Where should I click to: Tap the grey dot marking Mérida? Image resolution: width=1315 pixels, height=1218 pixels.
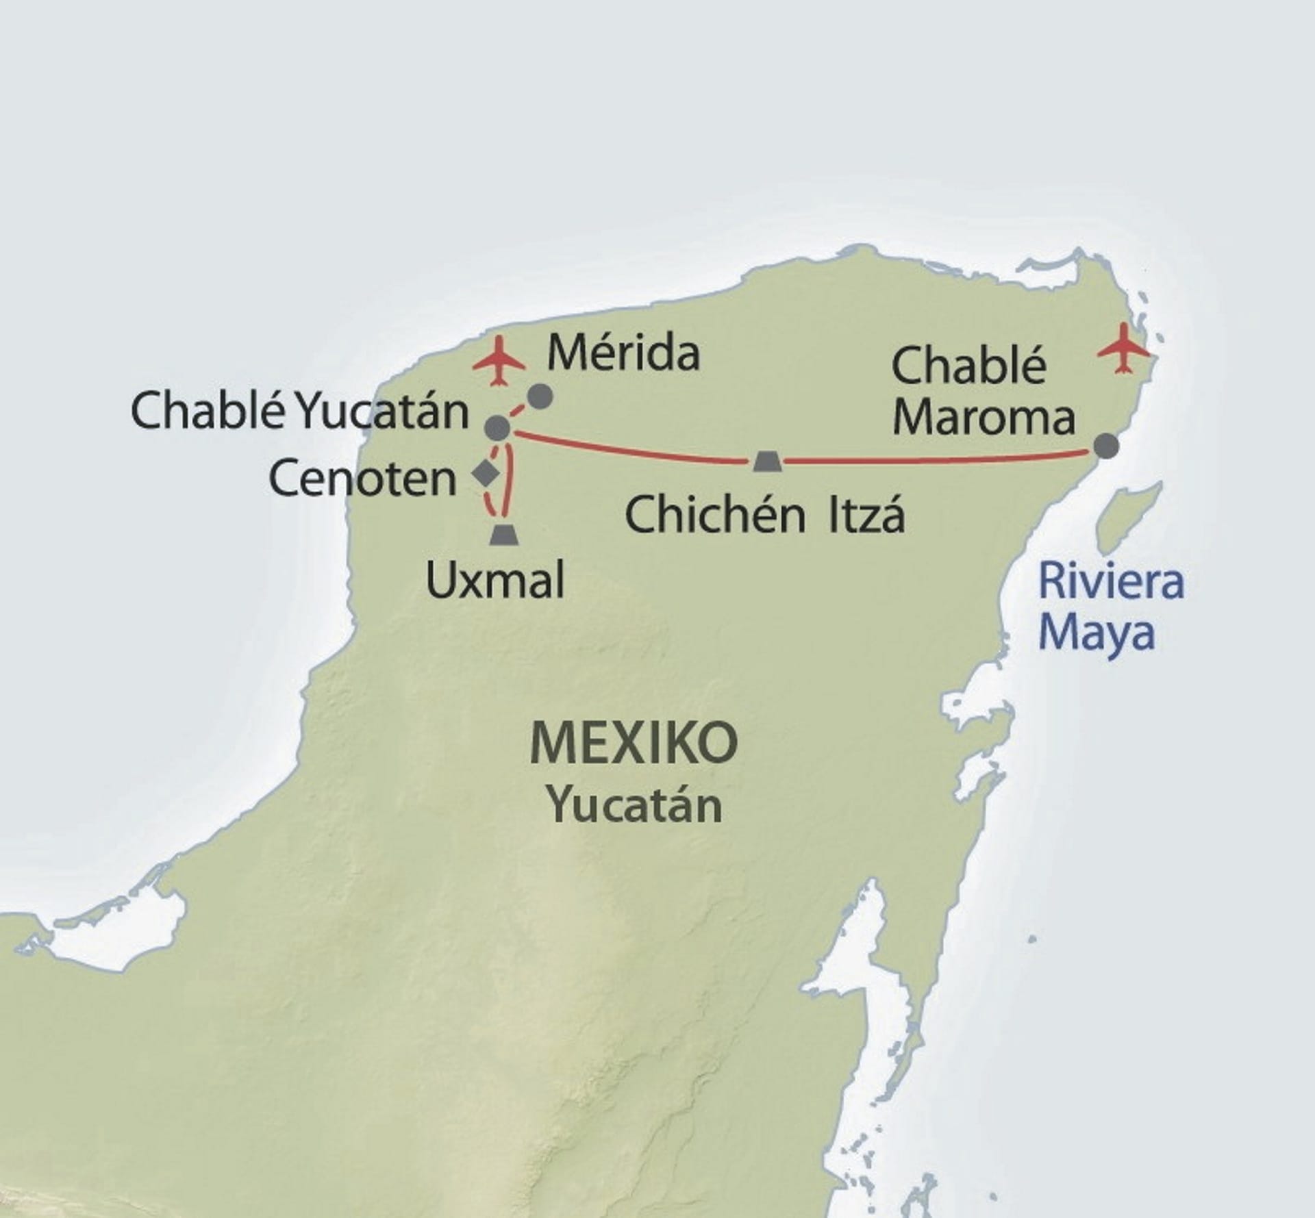[540, 396]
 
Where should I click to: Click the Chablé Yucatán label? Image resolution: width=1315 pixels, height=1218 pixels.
[299, 412]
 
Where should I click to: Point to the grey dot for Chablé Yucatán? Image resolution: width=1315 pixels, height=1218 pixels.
[497, 428]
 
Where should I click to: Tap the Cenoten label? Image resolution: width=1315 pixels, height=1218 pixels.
[362, 478]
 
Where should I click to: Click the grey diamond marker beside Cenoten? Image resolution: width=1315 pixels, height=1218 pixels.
[486, 473]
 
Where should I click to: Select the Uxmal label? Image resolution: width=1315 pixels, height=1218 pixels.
[495, 581]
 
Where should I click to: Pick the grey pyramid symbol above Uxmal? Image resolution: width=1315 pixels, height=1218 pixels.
[505, 535]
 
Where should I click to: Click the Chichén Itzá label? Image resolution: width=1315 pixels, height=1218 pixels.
[764, 515]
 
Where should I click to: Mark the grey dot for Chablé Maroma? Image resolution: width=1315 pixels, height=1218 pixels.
[1105, 446]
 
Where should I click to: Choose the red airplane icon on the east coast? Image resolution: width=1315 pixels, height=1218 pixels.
[1123, 349]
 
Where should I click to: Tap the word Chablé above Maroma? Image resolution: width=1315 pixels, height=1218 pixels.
[968, 366]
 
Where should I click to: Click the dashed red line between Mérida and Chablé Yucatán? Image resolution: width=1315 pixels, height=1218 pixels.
[519, 411]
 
